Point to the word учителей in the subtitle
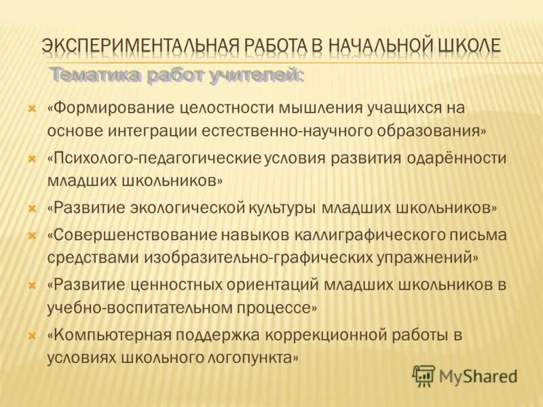coord(257,75)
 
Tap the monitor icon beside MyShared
coord(424,375)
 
